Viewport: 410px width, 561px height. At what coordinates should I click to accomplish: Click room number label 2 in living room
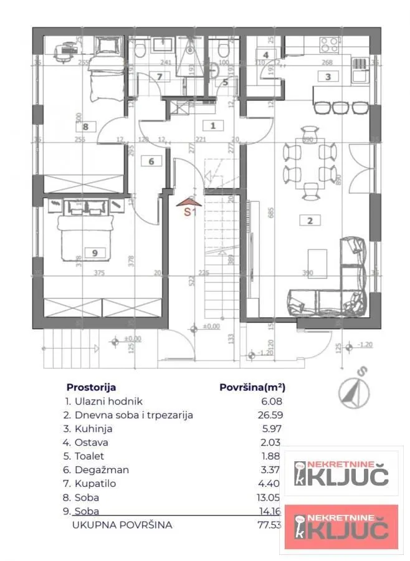[x=309, y=219]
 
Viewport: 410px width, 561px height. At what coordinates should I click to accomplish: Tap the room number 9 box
[x=95, y=252]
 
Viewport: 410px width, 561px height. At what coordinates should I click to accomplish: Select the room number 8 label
[x=86, y=127]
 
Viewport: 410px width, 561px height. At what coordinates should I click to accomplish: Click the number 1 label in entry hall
[x=213, y=126]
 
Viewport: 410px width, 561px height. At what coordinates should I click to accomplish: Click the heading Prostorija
[x=91, y=386]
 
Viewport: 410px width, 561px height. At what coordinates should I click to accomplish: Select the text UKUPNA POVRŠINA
[x=122, y=525]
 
